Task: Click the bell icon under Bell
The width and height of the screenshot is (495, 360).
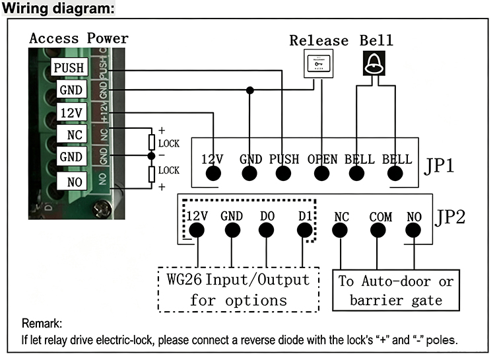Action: click(x=374, y=63)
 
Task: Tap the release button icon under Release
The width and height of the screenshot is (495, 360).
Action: click(x=318, y=63)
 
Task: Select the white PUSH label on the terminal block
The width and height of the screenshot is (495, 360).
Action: click(x=69, y=67)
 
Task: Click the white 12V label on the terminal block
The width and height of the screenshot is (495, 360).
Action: click(x=72, y=112)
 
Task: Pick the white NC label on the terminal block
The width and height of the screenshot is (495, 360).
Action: click(x=72, y=134)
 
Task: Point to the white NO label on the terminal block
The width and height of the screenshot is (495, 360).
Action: click(x=72, y=182)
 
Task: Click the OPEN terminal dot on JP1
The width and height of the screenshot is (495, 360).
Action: click(x=321, y=173)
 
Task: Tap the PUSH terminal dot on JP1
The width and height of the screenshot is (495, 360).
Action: click(x=283, y=173)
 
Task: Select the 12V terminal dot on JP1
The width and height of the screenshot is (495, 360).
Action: click(x=213, y=173)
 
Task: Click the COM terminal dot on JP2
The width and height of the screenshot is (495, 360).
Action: click(x=378, y=230)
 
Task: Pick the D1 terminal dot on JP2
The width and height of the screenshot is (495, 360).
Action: click(x=305, y=230)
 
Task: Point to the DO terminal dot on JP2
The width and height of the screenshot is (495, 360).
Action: click(x=266, y=230)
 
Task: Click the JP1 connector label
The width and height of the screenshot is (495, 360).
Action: click(x=439, y=165)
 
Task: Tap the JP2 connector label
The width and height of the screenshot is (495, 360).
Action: click(x=450, y=217)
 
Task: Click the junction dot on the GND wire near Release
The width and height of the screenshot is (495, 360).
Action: click(x=249, y=90)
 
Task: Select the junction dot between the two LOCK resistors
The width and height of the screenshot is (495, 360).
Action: click(x=152, y=155)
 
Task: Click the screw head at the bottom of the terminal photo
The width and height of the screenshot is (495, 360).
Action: click(x=102, y=209)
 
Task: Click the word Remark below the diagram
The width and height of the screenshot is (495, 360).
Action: click(x=42, y=324)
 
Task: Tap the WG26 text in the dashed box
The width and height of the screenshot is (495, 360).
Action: click(x=184, y=279)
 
